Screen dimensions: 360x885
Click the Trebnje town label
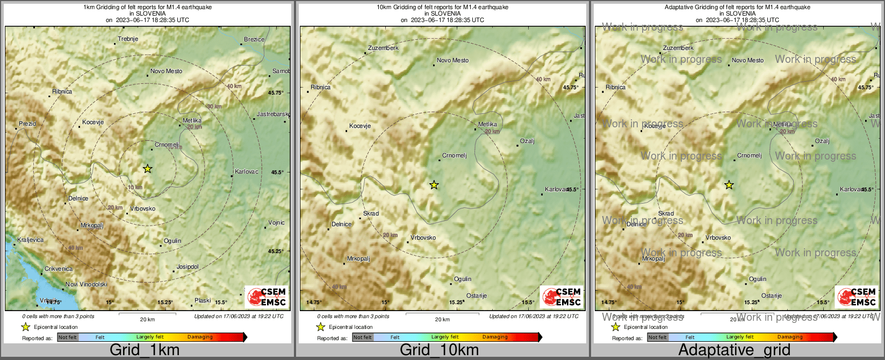[x=128, y=39]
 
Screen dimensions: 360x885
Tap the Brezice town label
[x=254, y=39]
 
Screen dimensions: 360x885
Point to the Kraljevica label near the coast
[x=31, y=240]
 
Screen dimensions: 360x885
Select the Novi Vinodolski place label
[x=86, y=284]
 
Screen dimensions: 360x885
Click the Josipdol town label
[x=188, y=267]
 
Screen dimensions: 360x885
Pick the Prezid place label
[x=27, y=124]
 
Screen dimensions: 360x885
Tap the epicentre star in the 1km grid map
[x=148, y=169]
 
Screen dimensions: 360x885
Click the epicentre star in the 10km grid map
[x=434, y=185]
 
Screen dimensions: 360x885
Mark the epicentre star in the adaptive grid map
[x=729, y=185]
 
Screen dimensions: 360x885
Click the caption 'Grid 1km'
[x=145, y=350]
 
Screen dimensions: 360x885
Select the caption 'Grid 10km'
[x=439, y=350]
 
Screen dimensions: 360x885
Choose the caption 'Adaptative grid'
[x=734, y=350]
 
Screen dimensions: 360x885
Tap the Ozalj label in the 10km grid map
[x=527, y=141]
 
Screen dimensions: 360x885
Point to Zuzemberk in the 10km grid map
[x=383, y=48]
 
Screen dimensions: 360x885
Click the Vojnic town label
[x=277, y=222]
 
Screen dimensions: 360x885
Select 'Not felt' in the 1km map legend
[x=68, y=337]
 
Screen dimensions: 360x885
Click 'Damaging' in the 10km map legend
[x=495, y=337]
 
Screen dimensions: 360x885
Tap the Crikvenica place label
[x=59, y=269]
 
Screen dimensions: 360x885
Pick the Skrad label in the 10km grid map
[x=371, y=213]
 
